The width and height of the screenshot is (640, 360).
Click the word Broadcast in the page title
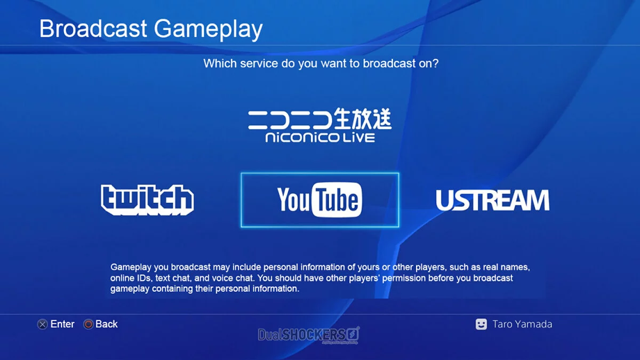[93, 29]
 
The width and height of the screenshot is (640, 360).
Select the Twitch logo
[147, 199]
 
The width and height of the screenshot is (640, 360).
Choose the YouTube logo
[319, 199]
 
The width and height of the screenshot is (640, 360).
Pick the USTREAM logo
[492, 200]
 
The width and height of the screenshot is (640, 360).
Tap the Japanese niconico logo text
[319, 119]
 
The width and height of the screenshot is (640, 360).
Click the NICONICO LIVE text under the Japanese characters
[320, 138]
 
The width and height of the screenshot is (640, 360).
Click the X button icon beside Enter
[43, 324]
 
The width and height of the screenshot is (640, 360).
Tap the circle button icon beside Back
[89, 324]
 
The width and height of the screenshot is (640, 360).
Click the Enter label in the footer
[62, 324]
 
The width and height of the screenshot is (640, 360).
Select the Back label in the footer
[106, 324]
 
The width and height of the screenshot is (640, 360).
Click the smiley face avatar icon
[481, 324]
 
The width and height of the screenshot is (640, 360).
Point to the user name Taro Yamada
[522, 324]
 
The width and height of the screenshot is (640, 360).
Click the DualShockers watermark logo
[309, 334]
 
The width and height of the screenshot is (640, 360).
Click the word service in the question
[259, 63]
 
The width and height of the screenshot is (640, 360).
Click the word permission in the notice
[404, 278]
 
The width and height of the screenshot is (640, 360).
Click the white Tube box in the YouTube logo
[337, 199]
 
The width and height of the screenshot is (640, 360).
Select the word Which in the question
[220, 63]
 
